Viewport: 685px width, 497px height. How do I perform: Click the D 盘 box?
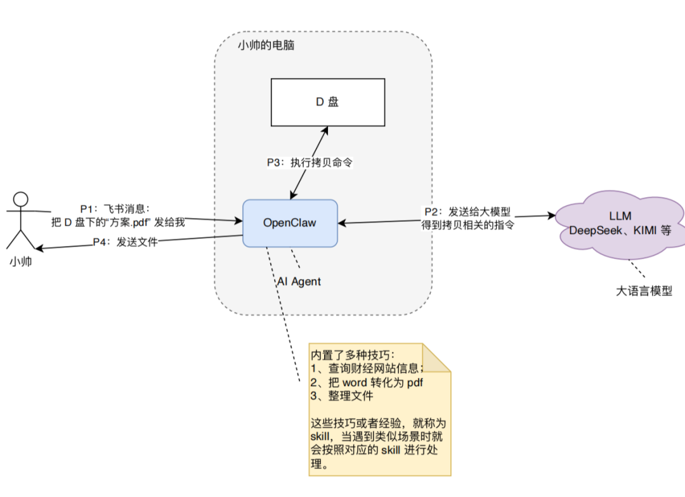(328, 102)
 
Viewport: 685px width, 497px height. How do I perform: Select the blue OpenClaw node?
(290, 223)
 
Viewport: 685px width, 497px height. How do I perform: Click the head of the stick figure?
(22, 198)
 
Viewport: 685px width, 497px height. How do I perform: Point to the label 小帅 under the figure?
(21, 262)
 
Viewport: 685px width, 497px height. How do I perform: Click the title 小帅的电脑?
(266, 46)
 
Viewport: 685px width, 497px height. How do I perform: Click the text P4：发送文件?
(125, 242)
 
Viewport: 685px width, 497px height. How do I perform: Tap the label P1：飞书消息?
(114, 209)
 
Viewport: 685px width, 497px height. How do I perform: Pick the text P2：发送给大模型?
(467, 211)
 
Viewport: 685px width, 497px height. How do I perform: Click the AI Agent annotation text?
(299, 281)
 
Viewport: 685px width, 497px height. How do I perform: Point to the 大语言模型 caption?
(644, 292)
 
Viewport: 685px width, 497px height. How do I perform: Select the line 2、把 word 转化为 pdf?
(366, 383)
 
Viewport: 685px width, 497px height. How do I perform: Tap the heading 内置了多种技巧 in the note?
(351, 355)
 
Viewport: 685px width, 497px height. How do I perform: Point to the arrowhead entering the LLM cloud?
(551, 216)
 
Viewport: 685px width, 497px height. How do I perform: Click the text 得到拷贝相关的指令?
(467, 224)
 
